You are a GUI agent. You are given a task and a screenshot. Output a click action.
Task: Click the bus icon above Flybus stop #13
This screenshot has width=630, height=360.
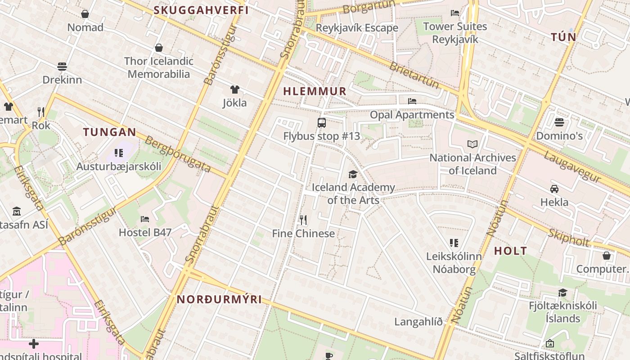(322, 122)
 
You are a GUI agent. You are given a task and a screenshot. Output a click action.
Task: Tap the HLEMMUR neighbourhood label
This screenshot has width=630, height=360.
(315, 91)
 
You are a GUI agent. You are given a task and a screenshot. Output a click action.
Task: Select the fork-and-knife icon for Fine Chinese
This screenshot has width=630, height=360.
(303, 220)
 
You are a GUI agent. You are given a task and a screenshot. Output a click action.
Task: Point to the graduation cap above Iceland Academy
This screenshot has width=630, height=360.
(353, 174)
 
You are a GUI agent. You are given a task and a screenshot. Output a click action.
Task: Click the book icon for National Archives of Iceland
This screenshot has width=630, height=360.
(472, 144)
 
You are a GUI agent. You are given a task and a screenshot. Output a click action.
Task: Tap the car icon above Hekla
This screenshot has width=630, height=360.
(554, 189)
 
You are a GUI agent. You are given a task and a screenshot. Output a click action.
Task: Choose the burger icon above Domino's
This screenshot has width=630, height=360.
(559, 122)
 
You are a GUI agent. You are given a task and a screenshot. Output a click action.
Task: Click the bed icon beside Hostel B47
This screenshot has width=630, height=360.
(145, 219)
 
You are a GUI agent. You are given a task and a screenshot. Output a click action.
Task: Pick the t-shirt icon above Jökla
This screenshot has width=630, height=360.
(234, 90)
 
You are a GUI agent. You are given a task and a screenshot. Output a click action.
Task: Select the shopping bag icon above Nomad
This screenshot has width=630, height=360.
(85, 14)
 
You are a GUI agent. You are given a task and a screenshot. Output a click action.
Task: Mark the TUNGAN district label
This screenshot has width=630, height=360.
(109, 132)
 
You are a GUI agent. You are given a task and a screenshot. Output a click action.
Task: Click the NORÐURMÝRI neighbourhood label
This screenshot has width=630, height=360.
(219, 299)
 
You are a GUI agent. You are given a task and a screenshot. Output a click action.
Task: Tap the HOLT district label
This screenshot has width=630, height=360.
(510, 251)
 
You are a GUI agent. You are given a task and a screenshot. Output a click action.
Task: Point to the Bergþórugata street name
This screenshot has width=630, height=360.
(178, 154)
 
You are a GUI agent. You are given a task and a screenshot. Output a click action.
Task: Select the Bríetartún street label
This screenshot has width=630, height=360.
(414, 75)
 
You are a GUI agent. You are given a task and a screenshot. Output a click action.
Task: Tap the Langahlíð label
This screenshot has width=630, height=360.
(418, 322)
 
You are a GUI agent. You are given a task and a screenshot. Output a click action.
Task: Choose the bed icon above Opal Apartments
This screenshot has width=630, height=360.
(412, 101)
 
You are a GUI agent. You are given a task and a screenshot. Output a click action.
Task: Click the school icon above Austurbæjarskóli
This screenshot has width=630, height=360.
(119, 153)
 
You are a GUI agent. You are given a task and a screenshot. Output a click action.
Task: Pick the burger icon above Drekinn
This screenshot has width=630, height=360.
(62, 67)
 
